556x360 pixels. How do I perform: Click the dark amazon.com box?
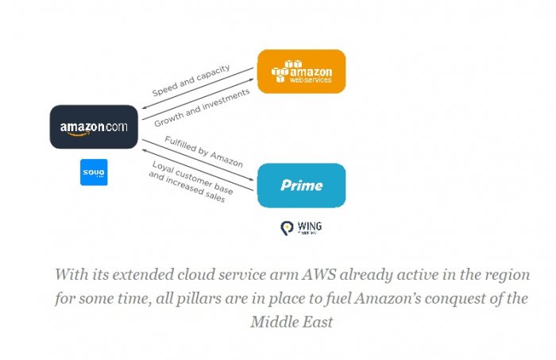93,127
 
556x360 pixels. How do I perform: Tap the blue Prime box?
301,185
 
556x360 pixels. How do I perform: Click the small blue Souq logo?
94,172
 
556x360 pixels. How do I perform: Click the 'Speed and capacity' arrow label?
191,80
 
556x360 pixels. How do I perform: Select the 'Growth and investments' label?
202,108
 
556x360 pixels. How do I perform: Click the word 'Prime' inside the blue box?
301,185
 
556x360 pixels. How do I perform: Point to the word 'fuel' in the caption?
359,299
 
